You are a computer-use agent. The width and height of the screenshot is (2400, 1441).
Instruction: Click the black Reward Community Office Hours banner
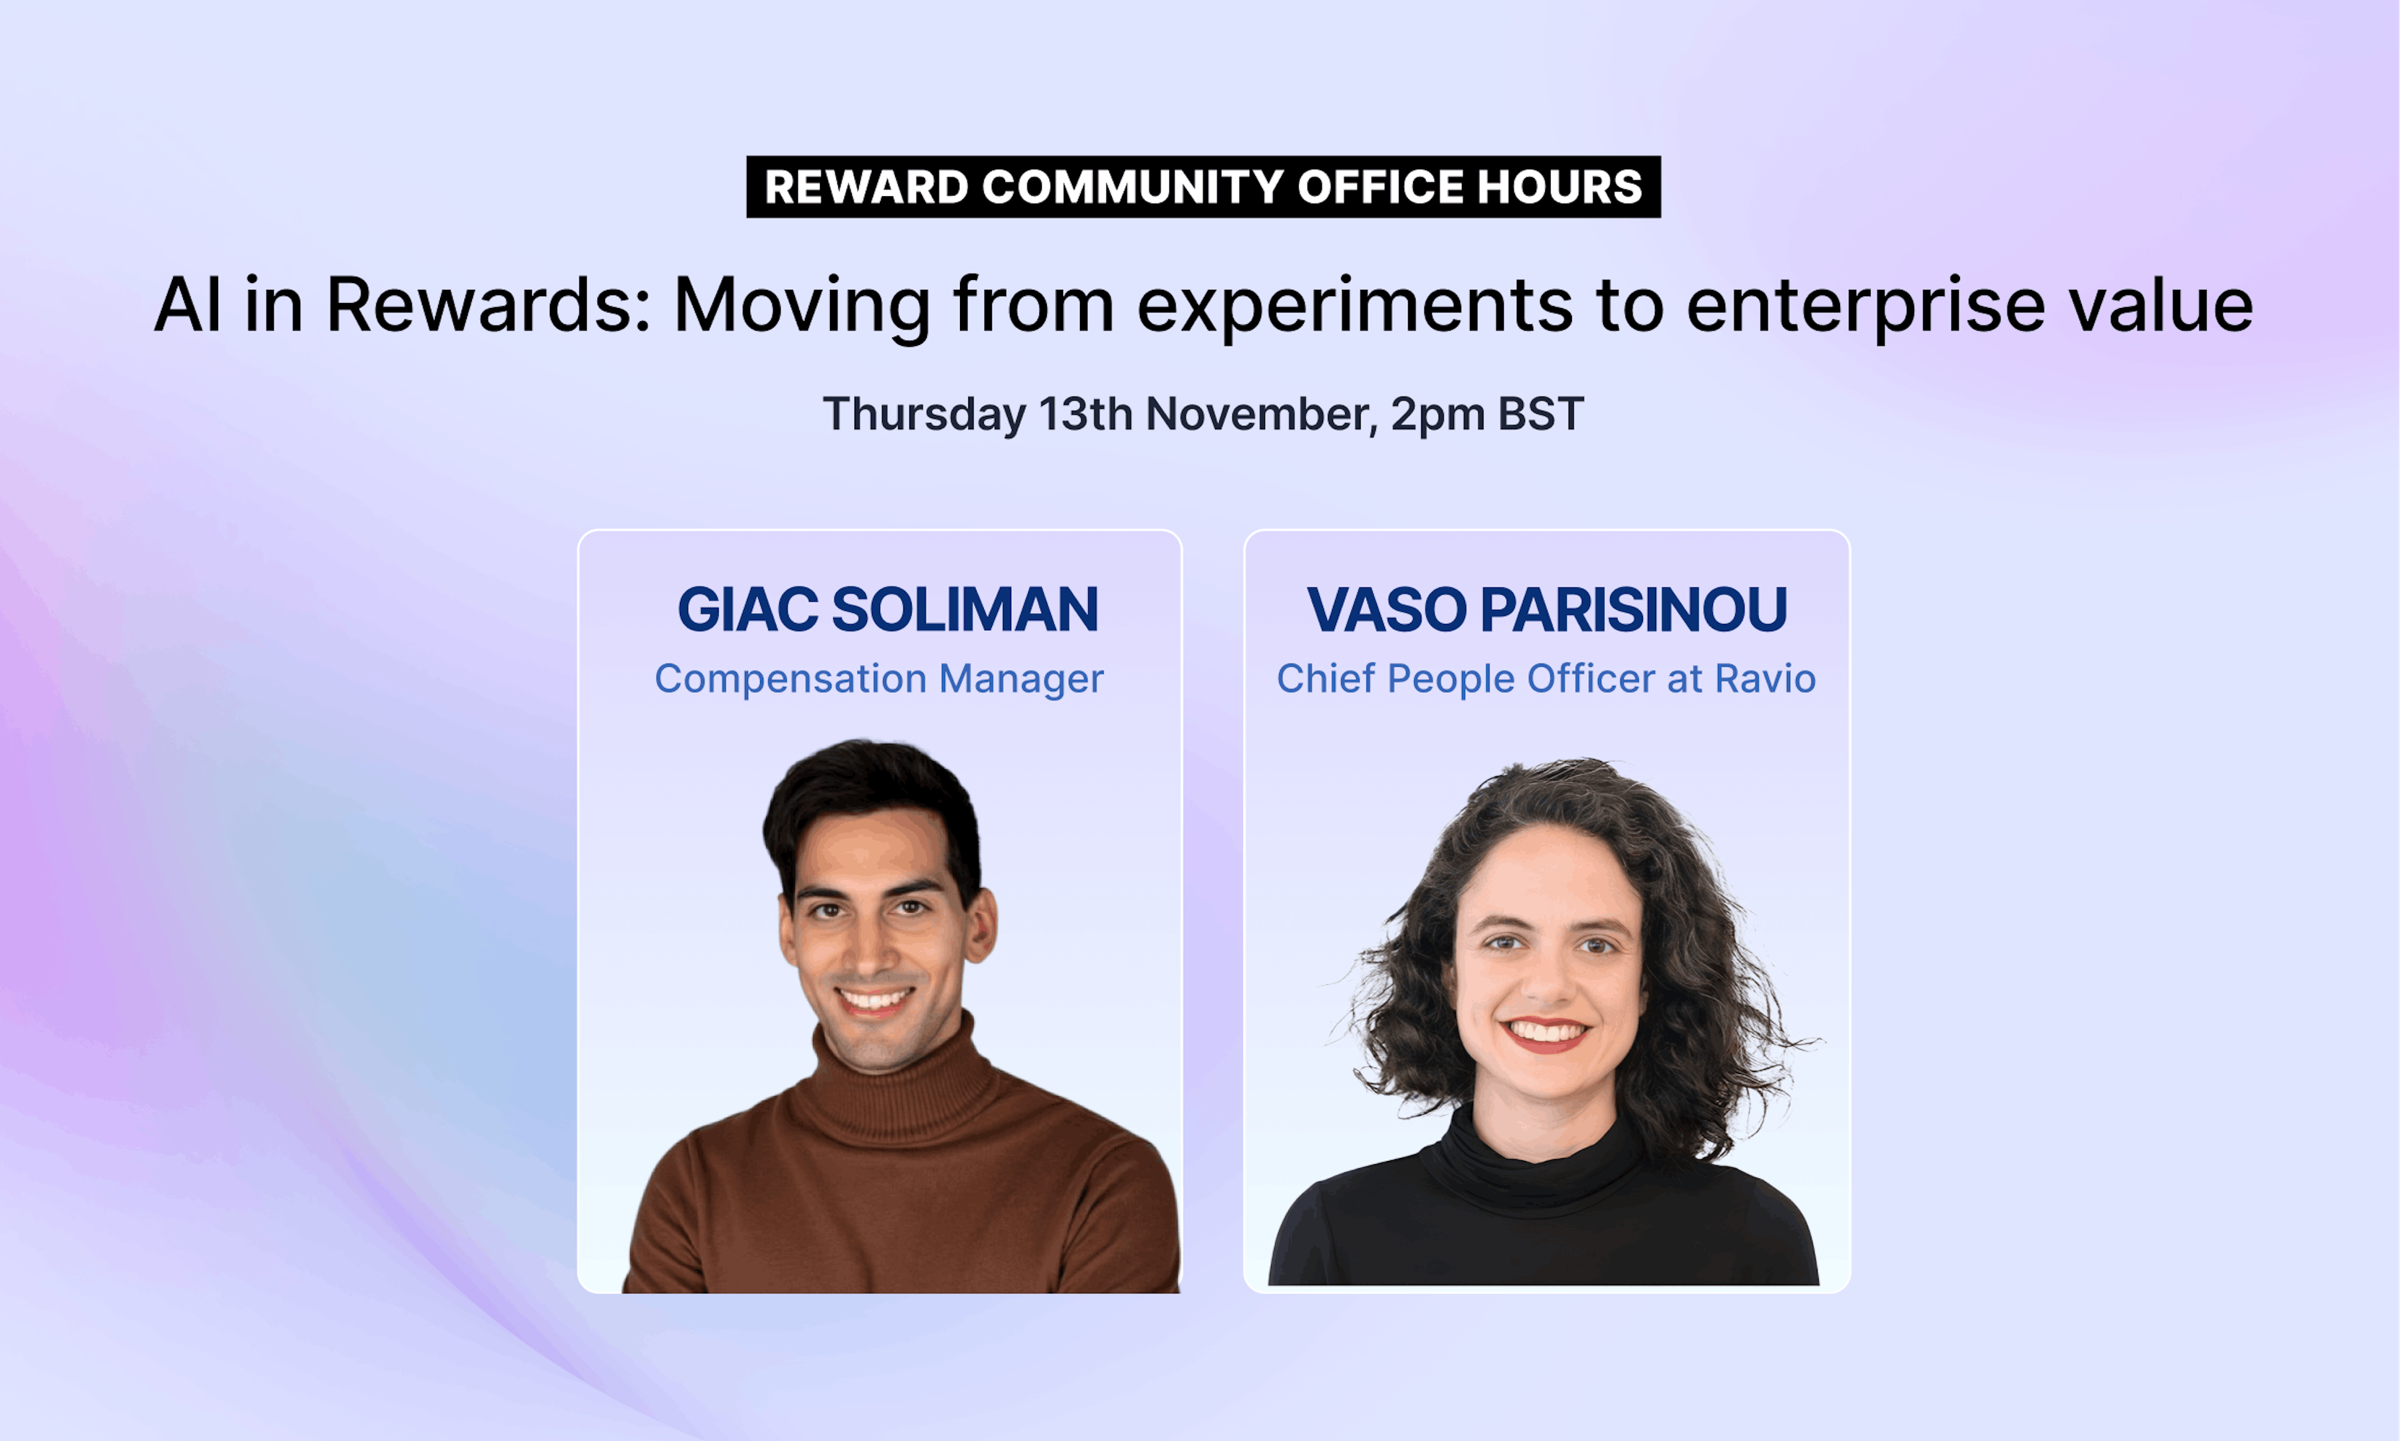click(x=1203, y=186)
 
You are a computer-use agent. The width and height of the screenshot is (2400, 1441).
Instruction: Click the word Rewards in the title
click(x=487, y=305)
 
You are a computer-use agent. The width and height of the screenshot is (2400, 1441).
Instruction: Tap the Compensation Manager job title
click(x=879, y=679)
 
